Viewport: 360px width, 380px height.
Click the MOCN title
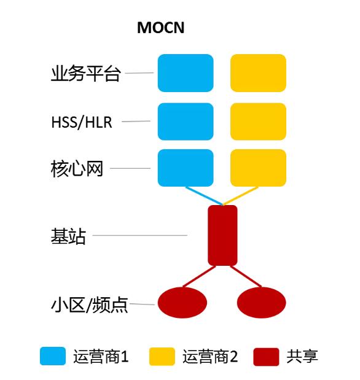(160, 28)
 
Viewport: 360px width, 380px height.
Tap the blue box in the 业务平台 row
(186, 73)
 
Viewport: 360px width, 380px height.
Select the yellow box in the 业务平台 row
(258, 73)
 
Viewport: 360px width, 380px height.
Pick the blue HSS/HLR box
(186, 122)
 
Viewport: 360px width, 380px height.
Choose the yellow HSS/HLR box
(258, 122)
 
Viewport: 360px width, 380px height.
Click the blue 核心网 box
(186, 168)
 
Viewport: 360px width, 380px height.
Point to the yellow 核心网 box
(258, 168)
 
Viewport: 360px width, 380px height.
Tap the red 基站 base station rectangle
(222, 235)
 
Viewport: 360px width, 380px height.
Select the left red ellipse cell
(182, 303)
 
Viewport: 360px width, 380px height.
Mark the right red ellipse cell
(262, 303)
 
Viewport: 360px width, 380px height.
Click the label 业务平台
(85, 73)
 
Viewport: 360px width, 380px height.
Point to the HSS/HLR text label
(82, 122)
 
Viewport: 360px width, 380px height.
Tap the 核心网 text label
(77, 168)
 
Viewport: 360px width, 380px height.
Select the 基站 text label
(68, 236)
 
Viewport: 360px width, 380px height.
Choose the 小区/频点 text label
(89, 304)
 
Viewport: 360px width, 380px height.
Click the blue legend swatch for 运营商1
(53, 356)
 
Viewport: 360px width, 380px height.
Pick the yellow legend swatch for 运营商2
(162, 356)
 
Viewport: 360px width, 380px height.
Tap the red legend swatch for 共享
(266, 357)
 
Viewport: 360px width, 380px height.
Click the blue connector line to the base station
(204, 196)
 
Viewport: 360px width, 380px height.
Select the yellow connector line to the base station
(240, 196)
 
